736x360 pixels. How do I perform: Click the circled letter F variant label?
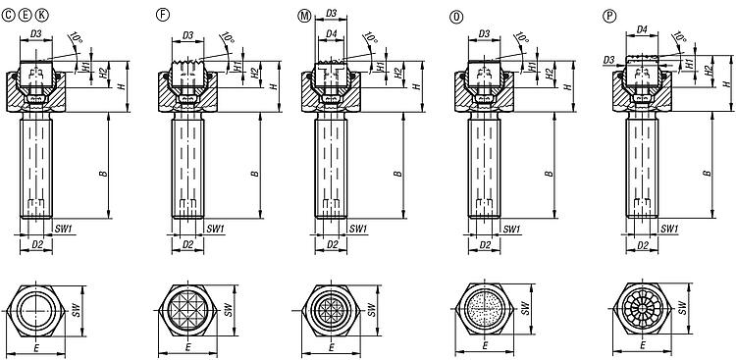click(162, 15)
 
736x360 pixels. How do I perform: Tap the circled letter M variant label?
click(304, 16)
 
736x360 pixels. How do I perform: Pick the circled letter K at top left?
click(42, 16)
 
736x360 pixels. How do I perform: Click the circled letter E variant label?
click(26, 16)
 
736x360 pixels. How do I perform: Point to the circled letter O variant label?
click(456, 17)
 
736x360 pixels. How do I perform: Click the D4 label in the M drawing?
click(332, 34)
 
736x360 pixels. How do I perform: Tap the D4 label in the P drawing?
click(642, 29)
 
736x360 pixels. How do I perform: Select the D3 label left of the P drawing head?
click(608, 60)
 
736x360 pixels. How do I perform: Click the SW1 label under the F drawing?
click(216, 229)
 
